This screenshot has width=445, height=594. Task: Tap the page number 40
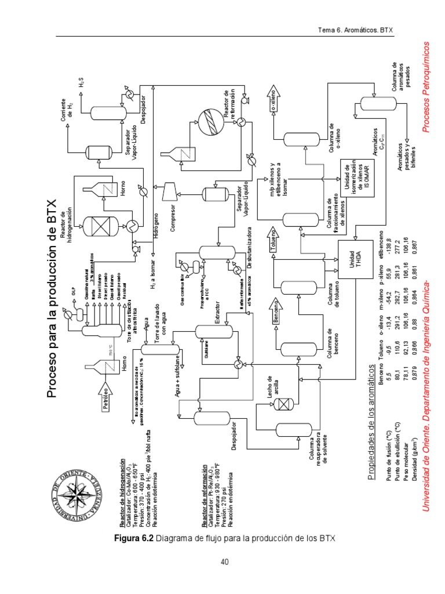[x=225, y=562]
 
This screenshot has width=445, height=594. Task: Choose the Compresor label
[x=172, y=213]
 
